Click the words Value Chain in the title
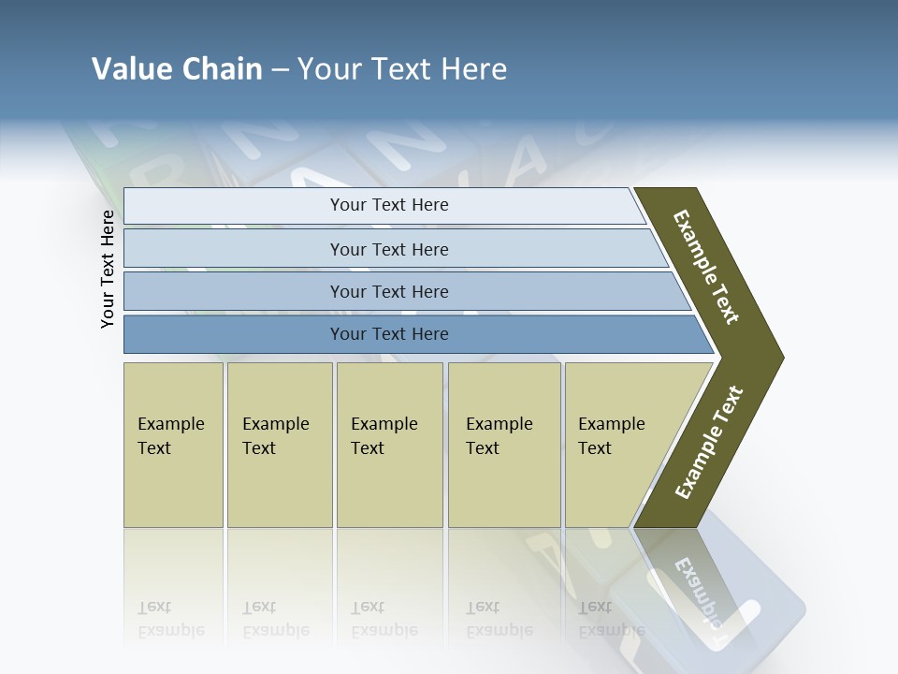point(177,69)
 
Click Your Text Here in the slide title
point(402,69)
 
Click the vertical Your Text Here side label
point(108,269)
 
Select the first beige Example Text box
point(173,445)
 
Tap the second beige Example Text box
point(280,445)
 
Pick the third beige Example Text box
point(389,445)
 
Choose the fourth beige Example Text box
point(504,445)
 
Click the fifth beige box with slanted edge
point(622,445)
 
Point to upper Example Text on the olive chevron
point(706,267)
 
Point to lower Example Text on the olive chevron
point(708,442)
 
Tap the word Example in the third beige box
point(384,424)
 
